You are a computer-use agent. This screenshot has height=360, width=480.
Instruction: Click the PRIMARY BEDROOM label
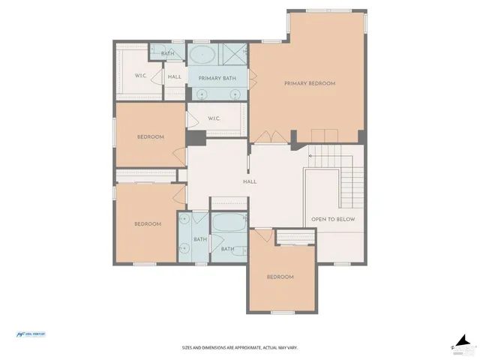point(309,83)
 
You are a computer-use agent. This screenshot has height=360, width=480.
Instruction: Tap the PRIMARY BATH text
point(217,77)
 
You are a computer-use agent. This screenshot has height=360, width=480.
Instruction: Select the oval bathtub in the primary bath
point(201,54)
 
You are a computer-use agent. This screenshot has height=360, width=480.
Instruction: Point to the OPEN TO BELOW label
point(333,220)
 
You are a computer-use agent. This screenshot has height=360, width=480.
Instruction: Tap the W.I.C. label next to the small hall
point(140,76)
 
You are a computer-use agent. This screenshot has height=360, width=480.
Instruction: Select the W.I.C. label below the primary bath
point(213,118)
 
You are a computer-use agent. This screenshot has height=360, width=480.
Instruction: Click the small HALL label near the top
point(174,76)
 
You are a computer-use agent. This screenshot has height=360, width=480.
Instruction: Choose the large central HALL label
point(250,181)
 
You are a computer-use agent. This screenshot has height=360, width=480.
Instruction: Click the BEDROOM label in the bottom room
point(280,277)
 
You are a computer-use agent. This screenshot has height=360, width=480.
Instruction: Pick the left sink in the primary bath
point(200,93)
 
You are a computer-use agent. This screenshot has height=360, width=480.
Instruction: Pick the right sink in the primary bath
point(235,93)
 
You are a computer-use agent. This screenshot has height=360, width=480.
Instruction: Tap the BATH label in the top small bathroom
point(167,53)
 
